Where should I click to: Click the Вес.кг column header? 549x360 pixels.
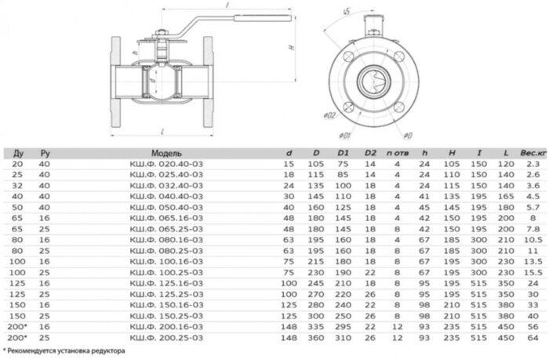533,152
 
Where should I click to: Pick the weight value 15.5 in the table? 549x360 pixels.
533,270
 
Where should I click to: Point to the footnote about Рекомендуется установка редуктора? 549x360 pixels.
64,352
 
